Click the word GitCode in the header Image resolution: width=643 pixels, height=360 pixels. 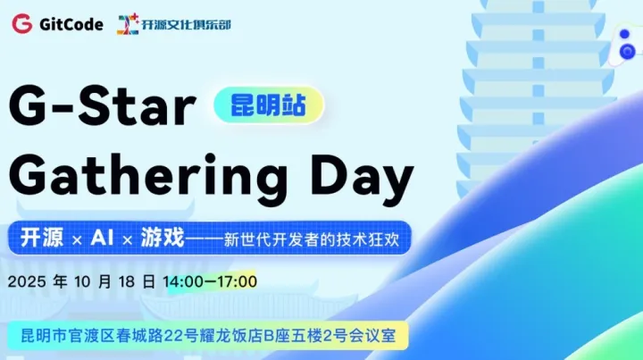[x=71, y=24]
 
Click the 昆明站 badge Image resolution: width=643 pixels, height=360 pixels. [x=268, y=105]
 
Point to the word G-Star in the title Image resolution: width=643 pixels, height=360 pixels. [x=103, y=108]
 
